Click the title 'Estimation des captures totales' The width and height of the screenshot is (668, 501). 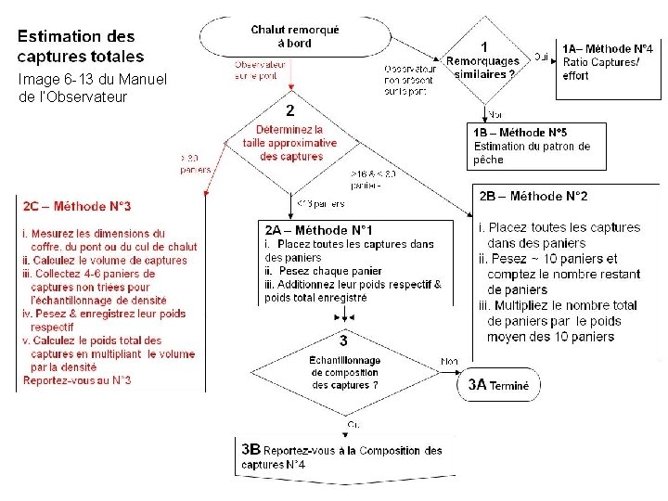(77, 45)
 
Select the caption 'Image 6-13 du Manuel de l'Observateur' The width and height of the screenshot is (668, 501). (92, 88)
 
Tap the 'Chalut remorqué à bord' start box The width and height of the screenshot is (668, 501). (295, 37)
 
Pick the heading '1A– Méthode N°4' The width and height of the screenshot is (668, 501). (608, 48)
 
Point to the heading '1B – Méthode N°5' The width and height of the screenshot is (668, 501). (527, 133)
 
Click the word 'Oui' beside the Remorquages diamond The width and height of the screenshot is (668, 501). (541, 57)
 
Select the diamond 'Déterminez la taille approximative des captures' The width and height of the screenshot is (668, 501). (289, 143)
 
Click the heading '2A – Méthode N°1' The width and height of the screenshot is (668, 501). (319, 229)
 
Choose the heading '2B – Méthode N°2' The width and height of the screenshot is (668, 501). (533, 196)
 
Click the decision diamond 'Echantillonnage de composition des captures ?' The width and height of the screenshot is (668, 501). (344, 370)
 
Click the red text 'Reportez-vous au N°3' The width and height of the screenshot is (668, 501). (77, 379)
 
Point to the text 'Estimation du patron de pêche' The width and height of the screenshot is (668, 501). (532, 152)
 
